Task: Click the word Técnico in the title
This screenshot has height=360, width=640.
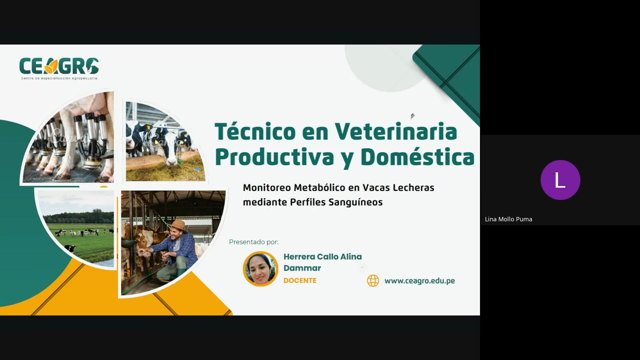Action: point(255,132)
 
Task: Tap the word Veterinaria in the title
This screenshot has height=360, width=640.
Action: point(396,132)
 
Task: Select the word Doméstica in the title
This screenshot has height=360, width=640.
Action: point(417,157)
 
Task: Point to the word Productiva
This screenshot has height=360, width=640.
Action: point(274,157)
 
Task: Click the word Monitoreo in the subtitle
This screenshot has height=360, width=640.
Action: point(267,188)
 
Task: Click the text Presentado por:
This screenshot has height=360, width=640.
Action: point(253,242)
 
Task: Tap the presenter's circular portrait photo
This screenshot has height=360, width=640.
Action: point(260,269)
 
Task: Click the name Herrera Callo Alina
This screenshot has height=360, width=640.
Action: point(322,257)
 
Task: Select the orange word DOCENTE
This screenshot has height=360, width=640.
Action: point(300,281)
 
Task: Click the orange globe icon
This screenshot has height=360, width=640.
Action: point(373,281)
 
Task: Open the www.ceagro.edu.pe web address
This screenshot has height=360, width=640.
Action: point(419,281)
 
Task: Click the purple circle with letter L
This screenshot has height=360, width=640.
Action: point(560,180)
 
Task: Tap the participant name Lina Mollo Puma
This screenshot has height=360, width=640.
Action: point(508,219)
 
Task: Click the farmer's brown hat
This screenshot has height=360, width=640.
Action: point(178,225)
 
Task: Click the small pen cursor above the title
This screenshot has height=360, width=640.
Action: point(412,116)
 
